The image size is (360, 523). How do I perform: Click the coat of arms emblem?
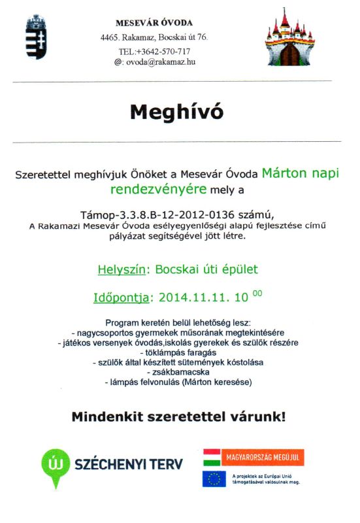36,38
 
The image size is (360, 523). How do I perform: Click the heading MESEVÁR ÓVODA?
154,23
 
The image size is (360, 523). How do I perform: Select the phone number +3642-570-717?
163,51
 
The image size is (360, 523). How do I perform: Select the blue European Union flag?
214,479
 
